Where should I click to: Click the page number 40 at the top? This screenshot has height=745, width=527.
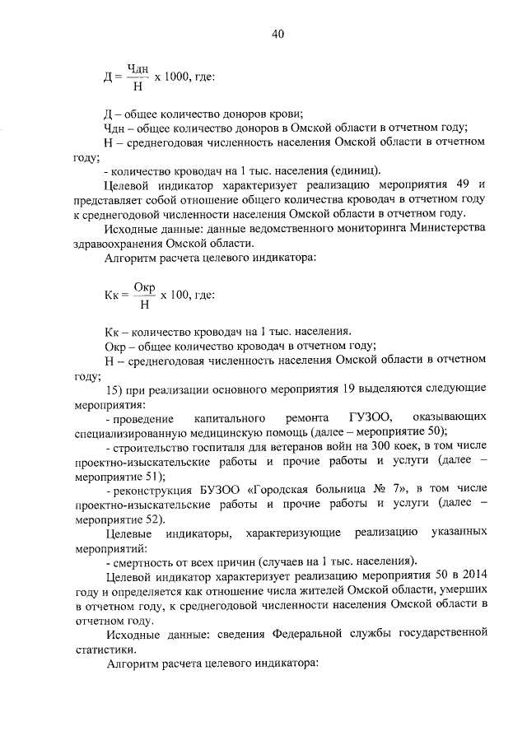click(277, 35)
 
